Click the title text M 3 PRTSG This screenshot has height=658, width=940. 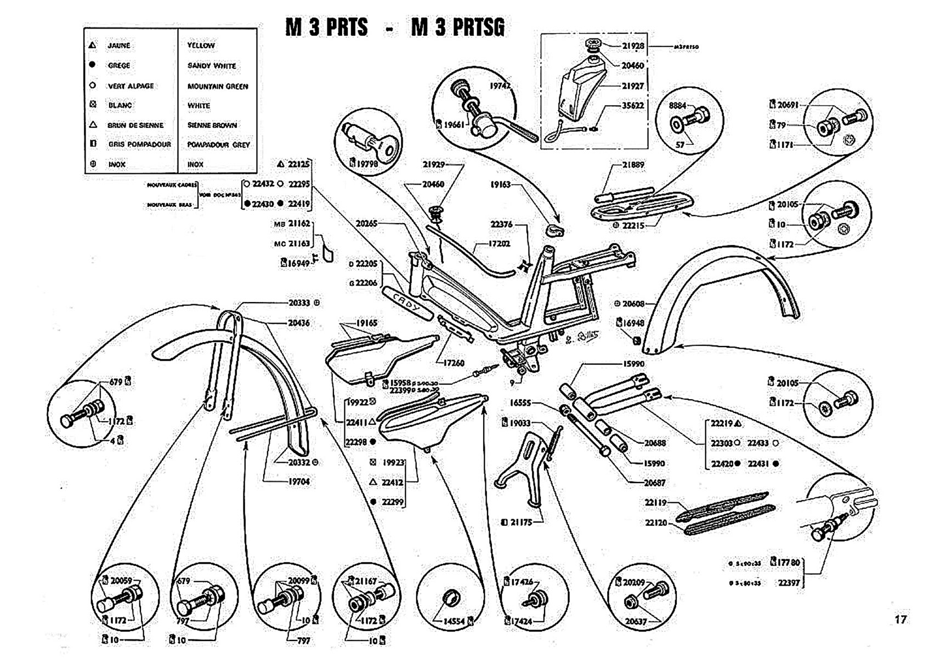click(x=457, y=27)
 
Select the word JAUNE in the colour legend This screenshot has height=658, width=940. click(x=118, y=46)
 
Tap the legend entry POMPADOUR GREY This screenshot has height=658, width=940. click(x=218, y=145)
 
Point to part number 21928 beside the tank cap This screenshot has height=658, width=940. click(x=633, y=46)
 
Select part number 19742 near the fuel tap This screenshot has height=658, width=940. click(x=500, y=86)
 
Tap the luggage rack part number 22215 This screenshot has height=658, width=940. click(x=633, y=225)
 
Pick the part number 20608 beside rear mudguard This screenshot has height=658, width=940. click(x=633, y=303)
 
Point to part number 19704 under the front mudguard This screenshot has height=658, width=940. click(x=299, y=481)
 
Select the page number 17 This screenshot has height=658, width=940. click(x=901, y=620)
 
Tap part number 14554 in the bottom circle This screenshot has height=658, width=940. click(x=454, y=621)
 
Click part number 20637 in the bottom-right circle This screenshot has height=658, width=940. click(x=636, y=621)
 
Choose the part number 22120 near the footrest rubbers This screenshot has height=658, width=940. click(x=655, y=523)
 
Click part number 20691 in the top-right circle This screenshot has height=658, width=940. click(x=788, y=105)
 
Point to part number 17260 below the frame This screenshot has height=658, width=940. click(x=453, y=362)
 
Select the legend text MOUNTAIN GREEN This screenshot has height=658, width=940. click(x=217, y=86)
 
